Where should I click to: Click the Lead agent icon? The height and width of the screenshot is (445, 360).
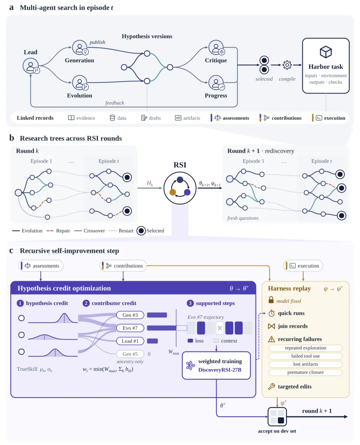click(x=31, y=66)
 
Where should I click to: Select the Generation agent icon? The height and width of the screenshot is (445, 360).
click(x=80, y=47)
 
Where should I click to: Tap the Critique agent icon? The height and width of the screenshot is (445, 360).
click(x=216, y=47)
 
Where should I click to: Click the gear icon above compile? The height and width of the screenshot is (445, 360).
click(x=287, y=65)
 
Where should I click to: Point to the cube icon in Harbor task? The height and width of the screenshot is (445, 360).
click(x=326, y=52)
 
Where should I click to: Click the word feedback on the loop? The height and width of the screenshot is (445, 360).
click(x=115, y=103)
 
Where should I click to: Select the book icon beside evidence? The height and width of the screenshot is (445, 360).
click(x=71, y=118)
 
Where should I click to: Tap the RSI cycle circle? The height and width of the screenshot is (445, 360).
click(x=180, y=188)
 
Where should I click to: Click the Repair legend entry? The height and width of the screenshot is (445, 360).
click(x=58, y=230)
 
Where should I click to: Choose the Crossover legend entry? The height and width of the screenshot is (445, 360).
click(x=89, y=230)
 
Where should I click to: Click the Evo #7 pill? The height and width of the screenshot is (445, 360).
click(x=130, y=328)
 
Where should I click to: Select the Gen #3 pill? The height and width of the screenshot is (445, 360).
click(x=130, y=315)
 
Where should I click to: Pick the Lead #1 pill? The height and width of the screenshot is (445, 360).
click(x=130, y=341)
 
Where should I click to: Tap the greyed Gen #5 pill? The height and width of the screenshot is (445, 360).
click(x=130, y=354)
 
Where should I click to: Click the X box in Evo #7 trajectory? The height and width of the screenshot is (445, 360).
click(x=220, y=328)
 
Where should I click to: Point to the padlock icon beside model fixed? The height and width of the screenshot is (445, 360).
click(x=271, y=300)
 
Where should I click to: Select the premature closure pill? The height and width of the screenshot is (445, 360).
click(x=305, y=372)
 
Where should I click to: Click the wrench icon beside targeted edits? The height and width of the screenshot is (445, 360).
click(x=271, y=386)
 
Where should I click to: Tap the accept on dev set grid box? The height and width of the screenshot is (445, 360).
click(x=277, y=417)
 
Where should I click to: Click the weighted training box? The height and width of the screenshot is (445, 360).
click(x=216, y=365)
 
